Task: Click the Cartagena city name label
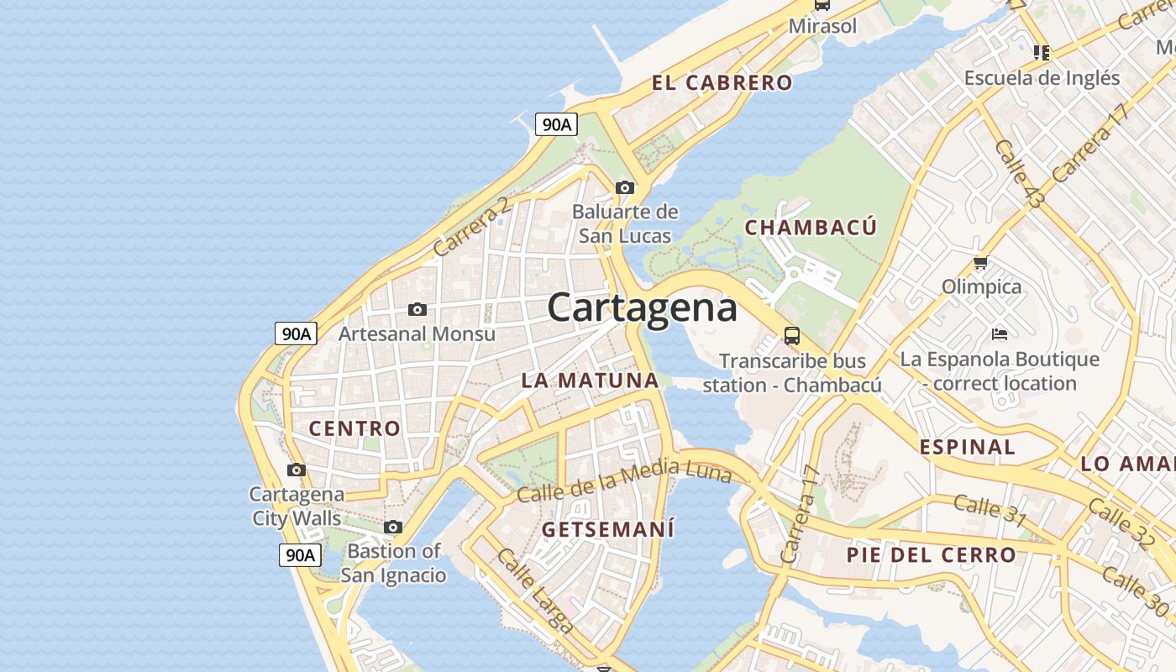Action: pyautogui.click(x=643, y=307)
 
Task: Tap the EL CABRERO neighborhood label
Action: pyautogui.click(x=722, y=82)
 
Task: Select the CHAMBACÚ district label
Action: pyautogui.click(x=811, y=228)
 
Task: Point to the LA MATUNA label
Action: pyautogui.click(x=590, y=380)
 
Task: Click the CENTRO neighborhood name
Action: pyautogui.click(x=354, y=428)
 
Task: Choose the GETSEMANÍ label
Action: pyautogui.click(x=608, y=529)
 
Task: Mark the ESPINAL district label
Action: pyautogui.click(x=967, y=447)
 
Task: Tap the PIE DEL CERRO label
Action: pyautogui.click(x=931, y=554)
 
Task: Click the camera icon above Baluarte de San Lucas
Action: pyautogui.click(x=625, y=187)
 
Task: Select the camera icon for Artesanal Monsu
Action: pyautogui.click(x=417, y=310)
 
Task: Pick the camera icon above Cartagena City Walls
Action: pyautogui.click(x=297, y=470)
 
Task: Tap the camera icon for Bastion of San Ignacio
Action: pyautogui.click(x=393, y=528)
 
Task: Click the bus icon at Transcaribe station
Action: pyautogui.click(x=791, y=336)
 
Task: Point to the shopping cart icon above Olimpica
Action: pyautogui.click(x=980, y=263)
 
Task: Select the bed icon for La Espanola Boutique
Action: pyautogui.click(x=1000, y=334)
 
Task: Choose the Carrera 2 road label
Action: pyautogui.click(x=470, y=227)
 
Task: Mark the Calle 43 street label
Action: pyautogui.click(x=1019, y=174)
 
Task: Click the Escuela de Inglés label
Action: pyautogui.click(x=1042, y=78)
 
